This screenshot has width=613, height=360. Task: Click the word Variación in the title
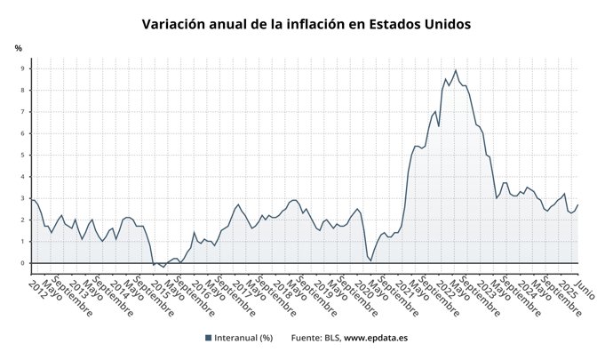tap(175, 24)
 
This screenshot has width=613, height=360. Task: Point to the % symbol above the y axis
tap(19, 47)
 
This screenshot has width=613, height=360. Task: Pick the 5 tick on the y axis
tap(26, 155)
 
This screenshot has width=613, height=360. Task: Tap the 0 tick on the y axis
tap(26, 263)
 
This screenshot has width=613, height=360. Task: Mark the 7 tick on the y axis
tap(26, 112)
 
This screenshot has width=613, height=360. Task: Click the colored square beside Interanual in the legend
tap(209, 338)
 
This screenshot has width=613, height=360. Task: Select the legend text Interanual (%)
tap(242, 338)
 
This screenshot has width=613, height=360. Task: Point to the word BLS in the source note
tap(330, 338)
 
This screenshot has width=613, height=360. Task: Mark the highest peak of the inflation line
tap(456, 70)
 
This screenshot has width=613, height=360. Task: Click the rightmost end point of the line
tap(577, 205)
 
